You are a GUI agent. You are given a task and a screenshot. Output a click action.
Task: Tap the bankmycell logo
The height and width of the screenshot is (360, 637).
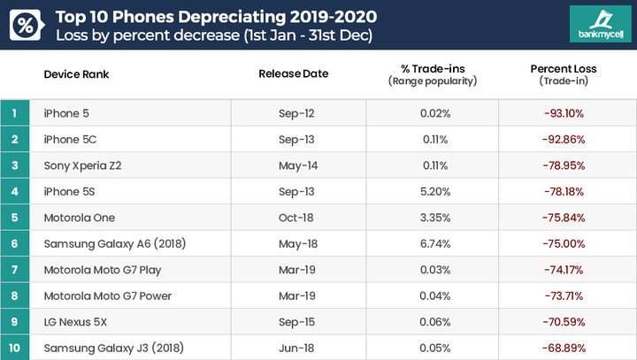(600, 24)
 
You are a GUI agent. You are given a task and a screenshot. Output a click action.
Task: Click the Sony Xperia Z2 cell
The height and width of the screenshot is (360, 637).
(82, 165)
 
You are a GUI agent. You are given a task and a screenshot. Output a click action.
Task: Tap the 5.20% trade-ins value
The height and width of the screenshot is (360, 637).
(434, 191)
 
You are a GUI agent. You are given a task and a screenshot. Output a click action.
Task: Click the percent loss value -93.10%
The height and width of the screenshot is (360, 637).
(564, 113)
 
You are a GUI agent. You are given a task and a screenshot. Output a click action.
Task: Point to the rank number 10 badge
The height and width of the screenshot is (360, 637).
(14, 347)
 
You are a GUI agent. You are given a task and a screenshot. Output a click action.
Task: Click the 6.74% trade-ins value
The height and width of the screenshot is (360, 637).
(434, 243)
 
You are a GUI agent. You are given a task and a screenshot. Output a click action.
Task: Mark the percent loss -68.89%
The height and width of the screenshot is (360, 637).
(564, 347)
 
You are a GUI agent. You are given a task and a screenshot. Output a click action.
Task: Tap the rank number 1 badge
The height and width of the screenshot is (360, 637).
(14, 113)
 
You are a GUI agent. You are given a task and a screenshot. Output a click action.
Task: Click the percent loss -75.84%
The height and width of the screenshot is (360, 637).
(564, 218)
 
